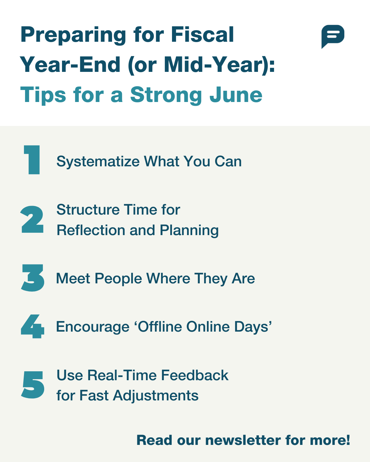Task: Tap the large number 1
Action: tap(32, 160)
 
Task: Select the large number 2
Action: tap(32, 219)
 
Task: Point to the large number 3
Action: tap(33, 278)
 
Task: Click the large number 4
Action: tap(33, 326)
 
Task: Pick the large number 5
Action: tap(33, 385)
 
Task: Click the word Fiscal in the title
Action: tap(202, 34)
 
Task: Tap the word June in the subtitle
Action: tap(236, 95)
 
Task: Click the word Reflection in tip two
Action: tap(91, 230)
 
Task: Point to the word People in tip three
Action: tap(118, 279)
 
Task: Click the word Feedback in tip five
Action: tap(195, 375)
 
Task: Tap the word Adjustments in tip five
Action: tap(156, 396)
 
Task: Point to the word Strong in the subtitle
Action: tap(166, 96)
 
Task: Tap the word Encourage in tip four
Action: tap(92, 327)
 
